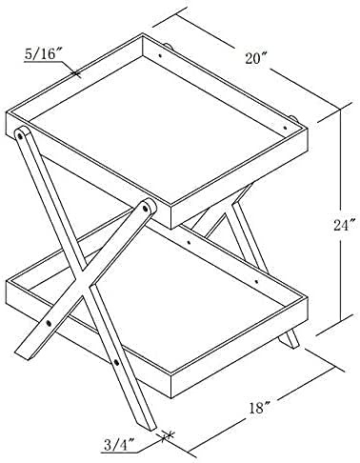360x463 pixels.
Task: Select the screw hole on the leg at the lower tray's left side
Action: click(43, 323)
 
